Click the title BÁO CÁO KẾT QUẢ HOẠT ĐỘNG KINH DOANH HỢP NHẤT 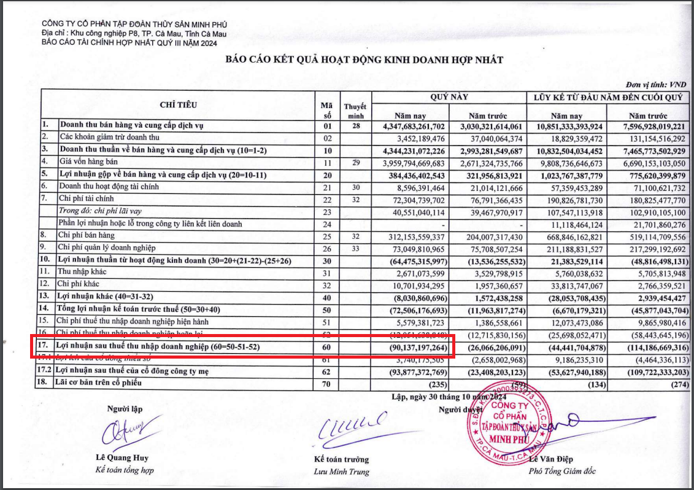tap(364, 60)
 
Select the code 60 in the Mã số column tap(326, 348)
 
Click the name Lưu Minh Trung tap(342, 472)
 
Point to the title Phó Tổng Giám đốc tap(562, 472)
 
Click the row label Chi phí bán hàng tap(87, 235)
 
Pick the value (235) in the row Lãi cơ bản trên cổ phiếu tap(436, 383)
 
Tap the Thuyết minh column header tap(354, 111)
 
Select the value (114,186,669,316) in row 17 tap(648, 348)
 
